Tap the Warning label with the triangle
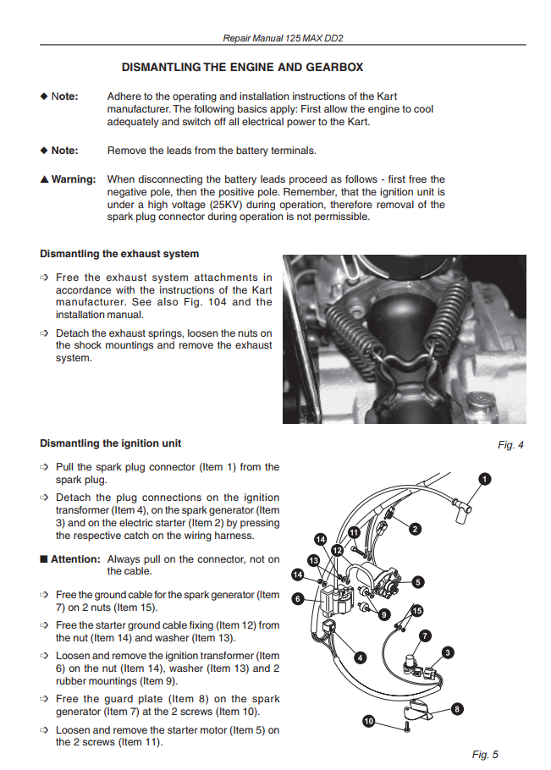pos(68,179)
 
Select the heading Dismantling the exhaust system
pos(119,254)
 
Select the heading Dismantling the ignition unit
pos(110,443)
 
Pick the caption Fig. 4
pos(510,445)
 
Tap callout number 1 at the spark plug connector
pos(483,478)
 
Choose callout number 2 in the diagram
pos(415,530)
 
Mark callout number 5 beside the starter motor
pos(417,581)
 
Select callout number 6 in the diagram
pos(297,598)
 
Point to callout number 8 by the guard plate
pos(457,709)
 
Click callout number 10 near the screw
pos(368,721)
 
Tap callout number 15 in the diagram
pos(416,610)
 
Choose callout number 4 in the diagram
pos(361,657)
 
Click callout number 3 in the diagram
pos(448,652)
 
